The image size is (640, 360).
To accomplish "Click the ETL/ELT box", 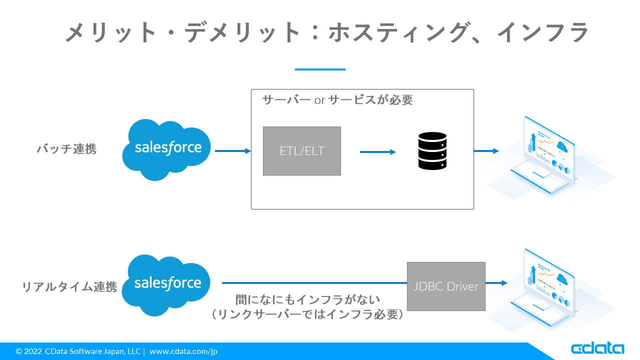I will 302,151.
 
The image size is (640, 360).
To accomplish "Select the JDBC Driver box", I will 446,286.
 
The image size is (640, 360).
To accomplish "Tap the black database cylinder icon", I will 432,150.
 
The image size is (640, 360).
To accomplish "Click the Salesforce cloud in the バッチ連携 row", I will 167,149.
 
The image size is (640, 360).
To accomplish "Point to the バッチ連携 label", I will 66,149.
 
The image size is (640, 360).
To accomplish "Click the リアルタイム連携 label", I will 69,287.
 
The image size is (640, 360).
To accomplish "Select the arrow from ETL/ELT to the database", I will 377,151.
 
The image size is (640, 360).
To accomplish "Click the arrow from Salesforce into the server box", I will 232,151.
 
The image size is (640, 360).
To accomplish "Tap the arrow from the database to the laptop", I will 486,151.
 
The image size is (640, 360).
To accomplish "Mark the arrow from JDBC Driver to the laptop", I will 496,283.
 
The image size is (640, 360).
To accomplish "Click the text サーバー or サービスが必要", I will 337,100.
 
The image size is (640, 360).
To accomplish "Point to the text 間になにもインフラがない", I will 308,300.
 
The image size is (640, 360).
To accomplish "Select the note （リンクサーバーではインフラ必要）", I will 308,314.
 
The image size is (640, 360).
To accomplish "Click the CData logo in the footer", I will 597,348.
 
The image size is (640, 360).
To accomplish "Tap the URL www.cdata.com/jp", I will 183,351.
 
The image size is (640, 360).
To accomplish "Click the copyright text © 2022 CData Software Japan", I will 78,351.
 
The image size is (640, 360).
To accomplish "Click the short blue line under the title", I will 320,69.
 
